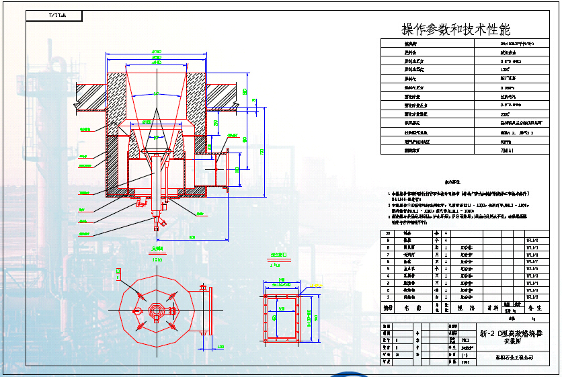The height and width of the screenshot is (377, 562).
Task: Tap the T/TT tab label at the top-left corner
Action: tap(57, 14)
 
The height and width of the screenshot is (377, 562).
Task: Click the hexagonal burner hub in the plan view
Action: tap(157, 310)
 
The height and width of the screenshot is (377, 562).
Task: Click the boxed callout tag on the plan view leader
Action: tap(119, 270)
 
